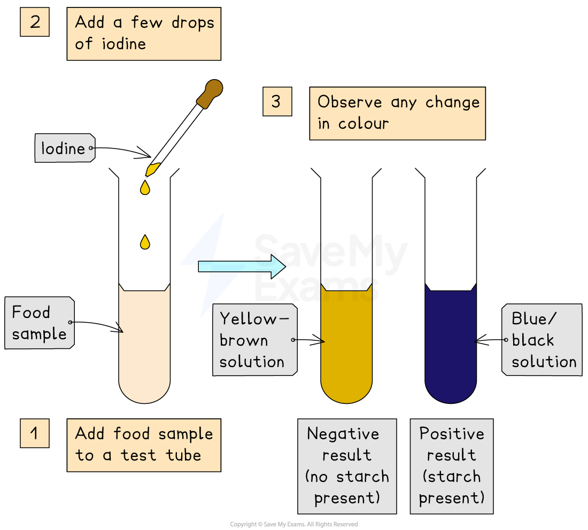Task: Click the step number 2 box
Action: tap(35, 22)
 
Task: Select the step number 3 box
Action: tap(277, 102)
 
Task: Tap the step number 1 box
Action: tap(35, 433)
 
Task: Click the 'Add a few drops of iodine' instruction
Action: tap(144, 34)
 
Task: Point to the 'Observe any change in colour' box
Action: tap(397, 113)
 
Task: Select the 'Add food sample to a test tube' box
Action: tap(144, 445)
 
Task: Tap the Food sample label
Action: tap(40, 323)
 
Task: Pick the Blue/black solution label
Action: tap(541, 340)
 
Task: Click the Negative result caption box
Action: tap(347, 466)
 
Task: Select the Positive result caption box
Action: tap(451, 466)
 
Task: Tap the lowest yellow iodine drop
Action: tap(144, 243)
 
